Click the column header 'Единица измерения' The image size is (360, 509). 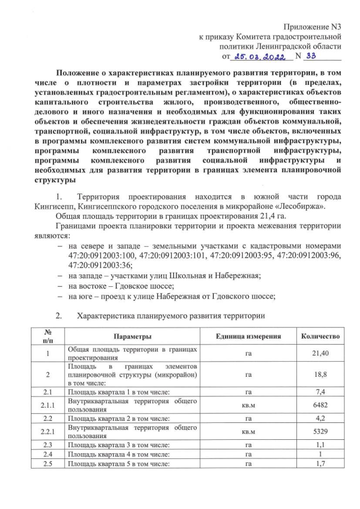pos(248,336)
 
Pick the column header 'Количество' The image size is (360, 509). pos(320,336)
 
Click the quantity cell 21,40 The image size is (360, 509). pos(320,353)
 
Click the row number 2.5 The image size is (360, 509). pos(48,464)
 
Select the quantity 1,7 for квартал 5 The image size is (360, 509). pos(320,464)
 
